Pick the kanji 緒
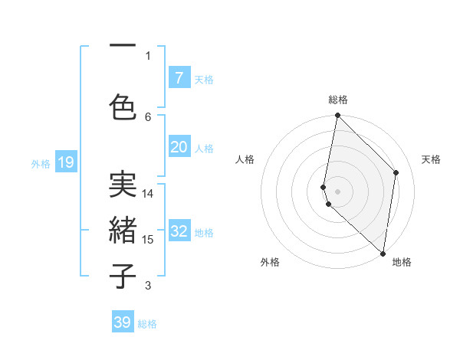[123, 231]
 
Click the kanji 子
[123, 277]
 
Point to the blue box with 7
[179, 77]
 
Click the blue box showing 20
[179, 147]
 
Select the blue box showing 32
[179, 231]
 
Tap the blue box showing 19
[65, 162]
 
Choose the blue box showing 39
[123, 322]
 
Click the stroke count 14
[148, 194]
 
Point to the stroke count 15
[148, 240]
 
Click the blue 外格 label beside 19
[41, 163]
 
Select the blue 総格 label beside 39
[147, 324]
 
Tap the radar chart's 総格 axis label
[338, 100]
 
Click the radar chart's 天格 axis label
[431, 159]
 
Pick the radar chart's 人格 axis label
[245, 159]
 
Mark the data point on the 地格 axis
[383, 254]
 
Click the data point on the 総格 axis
[337, 116]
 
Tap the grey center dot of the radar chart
[337, 191]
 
